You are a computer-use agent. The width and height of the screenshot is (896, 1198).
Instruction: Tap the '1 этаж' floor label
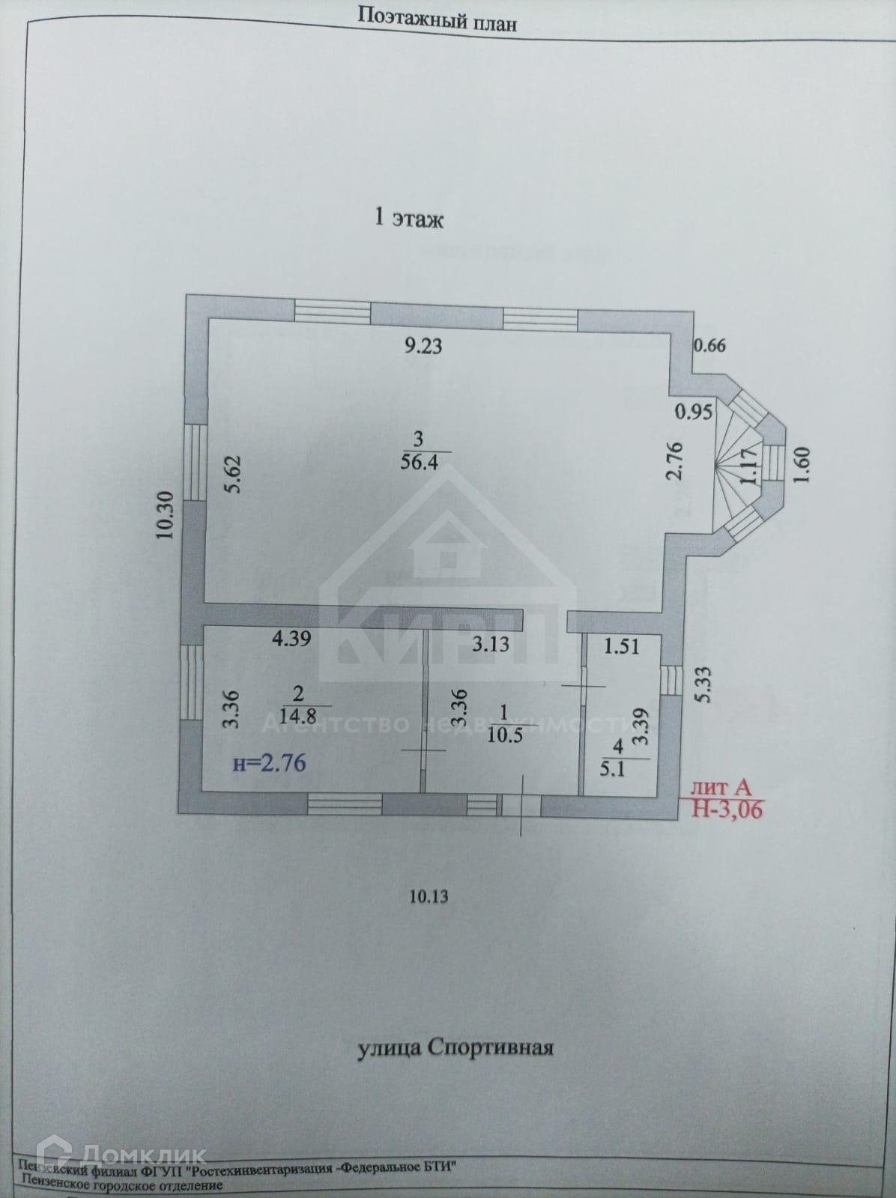[408, 219]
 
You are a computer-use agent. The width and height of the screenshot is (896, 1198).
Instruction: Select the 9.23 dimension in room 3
[423, 346]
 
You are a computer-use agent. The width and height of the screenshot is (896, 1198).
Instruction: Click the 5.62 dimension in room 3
[234, 475]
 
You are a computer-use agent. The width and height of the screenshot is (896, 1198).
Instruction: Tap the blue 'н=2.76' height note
[270, 764]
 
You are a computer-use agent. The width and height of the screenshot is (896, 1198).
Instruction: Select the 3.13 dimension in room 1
[490, 643]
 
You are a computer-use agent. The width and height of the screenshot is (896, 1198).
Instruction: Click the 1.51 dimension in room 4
[621, 645]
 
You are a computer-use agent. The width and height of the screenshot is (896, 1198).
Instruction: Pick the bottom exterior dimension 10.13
[429, 896]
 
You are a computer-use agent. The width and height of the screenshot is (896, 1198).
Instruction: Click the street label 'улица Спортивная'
[455, 1047]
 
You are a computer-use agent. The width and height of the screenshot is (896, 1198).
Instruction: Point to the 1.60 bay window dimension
[802, 465]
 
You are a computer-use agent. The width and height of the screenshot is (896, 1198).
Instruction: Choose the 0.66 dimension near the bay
[710, 346]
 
